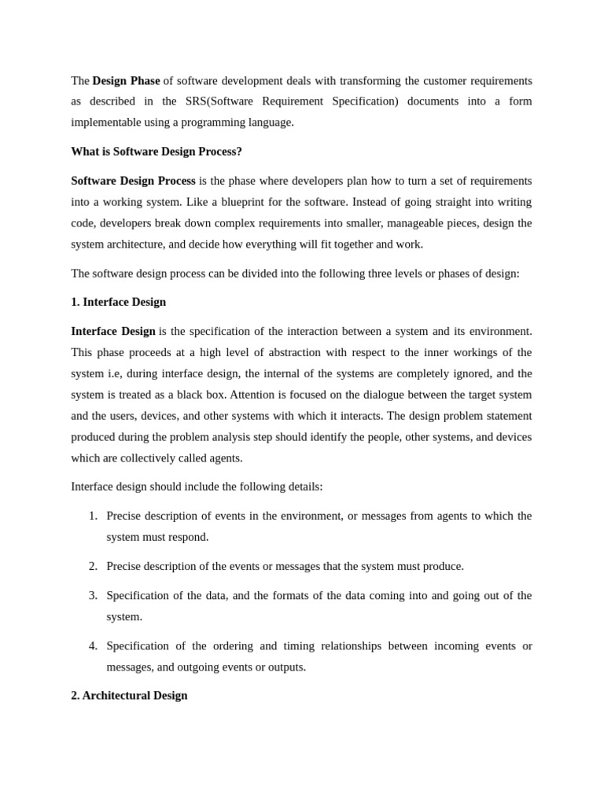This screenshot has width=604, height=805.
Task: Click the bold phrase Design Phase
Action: coord(126,81)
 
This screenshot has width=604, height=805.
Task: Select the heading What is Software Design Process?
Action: coord(157,152)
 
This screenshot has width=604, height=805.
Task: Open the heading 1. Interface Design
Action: coord(118,302)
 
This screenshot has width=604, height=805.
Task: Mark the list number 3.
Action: coord(93,596)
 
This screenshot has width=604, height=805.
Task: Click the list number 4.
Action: coord(93,646)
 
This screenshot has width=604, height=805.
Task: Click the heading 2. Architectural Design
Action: coord(129,696)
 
